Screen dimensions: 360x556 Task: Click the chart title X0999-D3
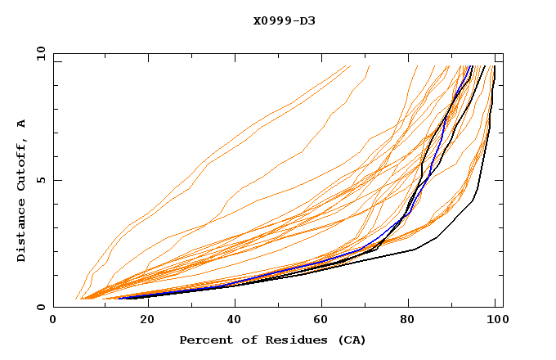[x=284, y=20]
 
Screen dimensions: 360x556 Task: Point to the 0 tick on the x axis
[x=54, y=322]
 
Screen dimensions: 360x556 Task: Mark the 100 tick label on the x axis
[x=495, y=322]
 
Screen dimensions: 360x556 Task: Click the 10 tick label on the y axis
[x=39, y=53]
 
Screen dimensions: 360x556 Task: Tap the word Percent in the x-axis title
[x=202, y=340]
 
